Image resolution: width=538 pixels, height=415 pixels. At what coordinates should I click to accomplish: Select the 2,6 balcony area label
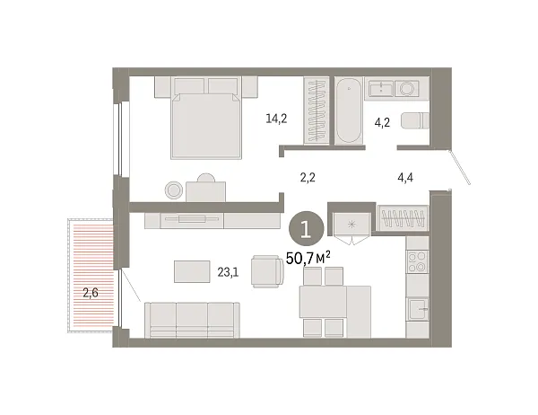(91, 290)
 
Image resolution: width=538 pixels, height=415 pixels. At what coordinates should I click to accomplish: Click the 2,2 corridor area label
(308, 177)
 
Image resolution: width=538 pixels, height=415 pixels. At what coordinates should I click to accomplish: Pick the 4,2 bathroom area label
(382, 121)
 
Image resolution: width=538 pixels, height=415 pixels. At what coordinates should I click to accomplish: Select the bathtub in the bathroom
(348, 110)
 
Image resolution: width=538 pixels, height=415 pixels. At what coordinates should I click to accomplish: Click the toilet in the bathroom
(412, 122)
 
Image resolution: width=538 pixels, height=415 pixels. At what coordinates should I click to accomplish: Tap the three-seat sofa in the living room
(193, 319)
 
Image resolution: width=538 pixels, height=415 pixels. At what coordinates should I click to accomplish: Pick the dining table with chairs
(334, 304)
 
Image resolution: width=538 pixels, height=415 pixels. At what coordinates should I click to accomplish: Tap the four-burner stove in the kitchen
(419, 261)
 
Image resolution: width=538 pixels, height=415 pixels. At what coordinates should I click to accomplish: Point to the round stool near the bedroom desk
(174, 190)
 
